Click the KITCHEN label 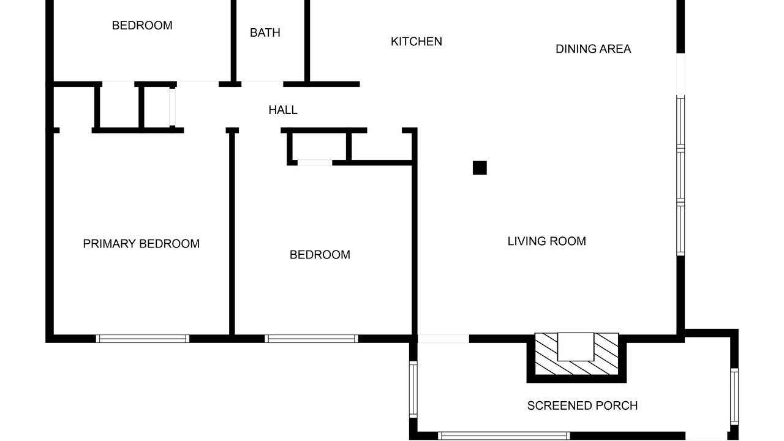416,42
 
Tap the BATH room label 265,32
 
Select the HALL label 283,110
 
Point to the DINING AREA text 594,49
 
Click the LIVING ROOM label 547,241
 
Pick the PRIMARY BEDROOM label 141,244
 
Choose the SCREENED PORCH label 582,405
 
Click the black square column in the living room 480,168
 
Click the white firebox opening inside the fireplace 575,347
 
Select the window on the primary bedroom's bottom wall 143,339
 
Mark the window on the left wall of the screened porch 413,390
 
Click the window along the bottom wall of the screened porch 504,435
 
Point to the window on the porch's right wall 734,396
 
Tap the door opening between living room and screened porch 443,339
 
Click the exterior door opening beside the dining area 680,74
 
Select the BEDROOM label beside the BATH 142,26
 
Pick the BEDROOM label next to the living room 320,255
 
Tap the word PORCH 617,405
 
